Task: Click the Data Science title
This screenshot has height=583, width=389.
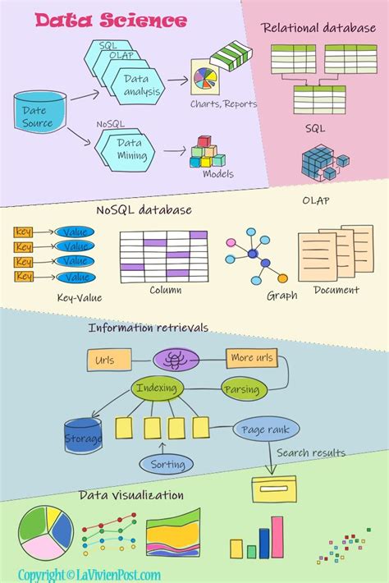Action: tap(111, 20)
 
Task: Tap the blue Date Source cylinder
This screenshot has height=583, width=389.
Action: tap(37, 117)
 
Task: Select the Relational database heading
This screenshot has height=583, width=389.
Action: tap(318, 28)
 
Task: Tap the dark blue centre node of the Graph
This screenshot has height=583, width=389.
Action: tap(264, 263)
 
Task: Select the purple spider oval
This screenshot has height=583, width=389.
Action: tap(176, 358)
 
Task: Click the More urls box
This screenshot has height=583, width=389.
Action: tap(253, 358)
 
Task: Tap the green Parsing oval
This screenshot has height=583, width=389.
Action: tap(242, 388)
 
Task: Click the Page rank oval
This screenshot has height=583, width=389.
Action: tap(266, 429)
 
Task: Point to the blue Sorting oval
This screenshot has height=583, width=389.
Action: tap(167, 464)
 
